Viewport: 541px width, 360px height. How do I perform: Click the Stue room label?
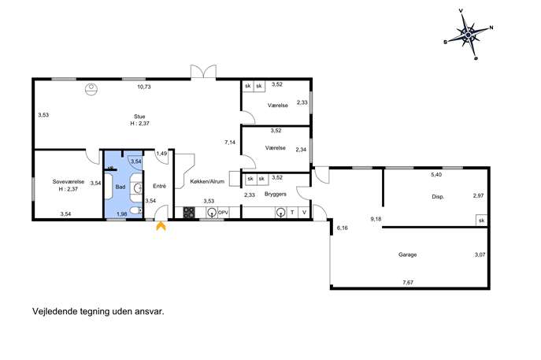[139, 117]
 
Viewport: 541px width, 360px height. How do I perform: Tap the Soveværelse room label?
[69, 181]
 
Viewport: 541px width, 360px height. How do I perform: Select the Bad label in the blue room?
[120, 187]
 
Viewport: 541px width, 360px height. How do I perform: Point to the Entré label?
[159, 186]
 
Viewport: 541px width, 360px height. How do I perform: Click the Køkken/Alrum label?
[207, 181]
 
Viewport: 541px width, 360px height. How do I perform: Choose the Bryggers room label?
[276, 195]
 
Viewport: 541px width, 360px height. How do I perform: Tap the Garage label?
[407, 254]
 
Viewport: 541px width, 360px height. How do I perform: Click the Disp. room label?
[438, 197]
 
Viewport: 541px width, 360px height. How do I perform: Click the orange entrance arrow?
[161, 226]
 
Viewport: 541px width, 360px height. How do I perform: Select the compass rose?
[469, 35]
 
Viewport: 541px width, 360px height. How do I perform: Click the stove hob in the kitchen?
[189, 212]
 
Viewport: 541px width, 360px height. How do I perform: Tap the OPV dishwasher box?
[223, 213]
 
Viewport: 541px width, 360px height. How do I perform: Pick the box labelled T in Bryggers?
[292, 212]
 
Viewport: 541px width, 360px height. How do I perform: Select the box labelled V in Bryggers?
[304, 212]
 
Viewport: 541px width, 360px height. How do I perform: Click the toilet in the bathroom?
[136, 210]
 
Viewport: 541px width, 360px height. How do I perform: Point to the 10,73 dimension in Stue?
[144, 87]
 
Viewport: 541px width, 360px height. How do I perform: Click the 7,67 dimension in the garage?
[408, 282]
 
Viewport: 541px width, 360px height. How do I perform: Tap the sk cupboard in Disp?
[482, 221]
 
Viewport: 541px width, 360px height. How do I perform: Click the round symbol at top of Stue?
[91, 89]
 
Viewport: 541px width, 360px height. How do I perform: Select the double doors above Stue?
[204, 72]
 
